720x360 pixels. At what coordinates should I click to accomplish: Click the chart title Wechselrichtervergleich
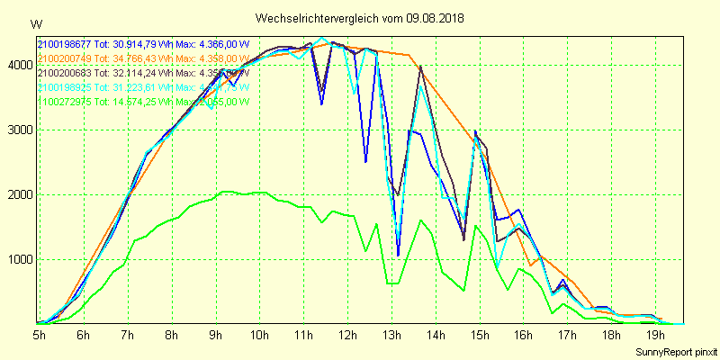[311, 18]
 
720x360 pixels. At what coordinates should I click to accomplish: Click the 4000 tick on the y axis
[20, 65]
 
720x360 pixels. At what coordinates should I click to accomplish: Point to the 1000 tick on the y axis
[20, 260]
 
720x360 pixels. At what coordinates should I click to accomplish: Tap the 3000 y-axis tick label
[20, 130]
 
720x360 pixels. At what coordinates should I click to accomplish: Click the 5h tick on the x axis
[40, 335]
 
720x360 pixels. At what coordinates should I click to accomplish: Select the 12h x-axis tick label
[347, 335]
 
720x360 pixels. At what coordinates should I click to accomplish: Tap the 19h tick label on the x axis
[655, 335]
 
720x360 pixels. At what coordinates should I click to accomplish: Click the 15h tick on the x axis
[479, 335]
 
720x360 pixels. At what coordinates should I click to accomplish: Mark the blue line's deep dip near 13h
[398, 256]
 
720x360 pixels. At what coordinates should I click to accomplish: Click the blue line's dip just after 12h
[365, 162]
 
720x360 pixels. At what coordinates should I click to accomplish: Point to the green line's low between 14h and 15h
[463, 290]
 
